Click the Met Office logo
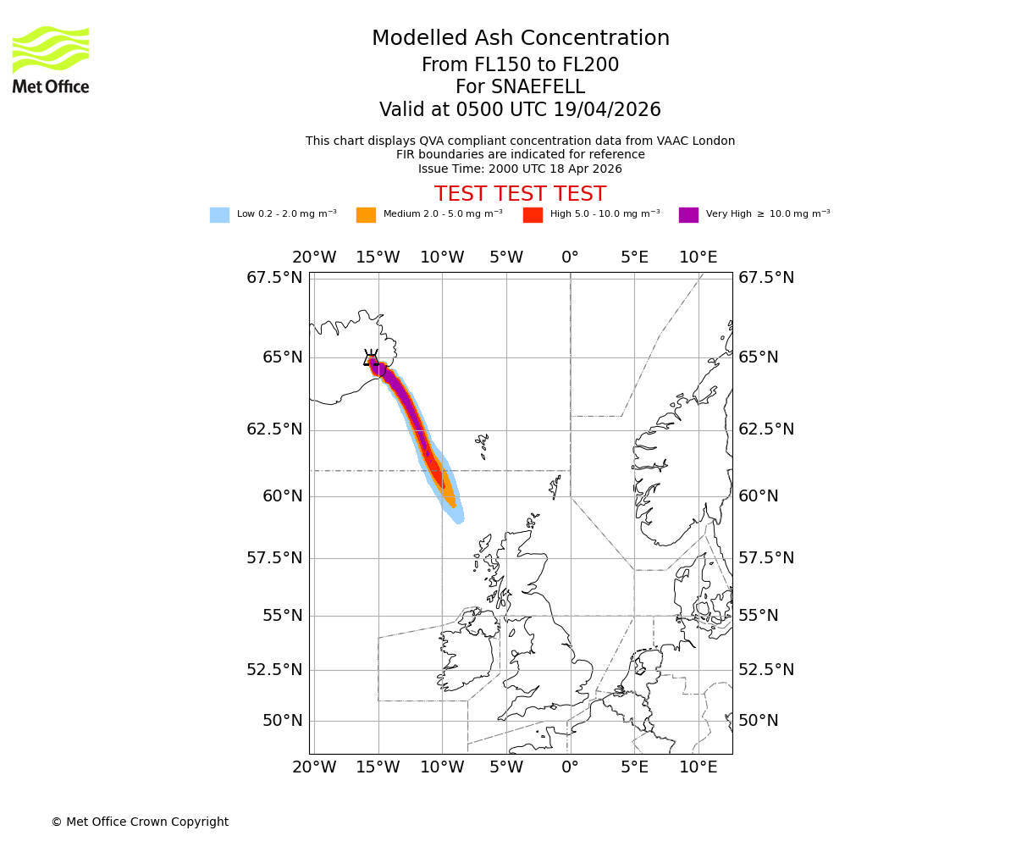coord(51,59)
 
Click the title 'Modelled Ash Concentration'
coord(520,39)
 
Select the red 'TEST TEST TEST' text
coord(520,194)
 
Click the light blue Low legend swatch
coord(219,215)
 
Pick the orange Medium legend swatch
coord(366,215)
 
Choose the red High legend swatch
coord(533,215)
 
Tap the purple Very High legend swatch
coord(688,215)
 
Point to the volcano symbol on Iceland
coord(371,358)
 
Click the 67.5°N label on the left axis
coord(273,278)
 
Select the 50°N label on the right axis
coord(758,721)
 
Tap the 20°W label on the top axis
coord(313,257)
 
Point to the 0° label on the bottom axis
coord(570,767)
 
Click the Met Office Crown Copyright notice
coord(140,822)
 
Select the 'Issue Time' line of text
coord(520,169)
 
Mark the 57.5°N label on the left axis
coord(273,558)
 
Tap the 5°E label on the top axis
coord(634,257)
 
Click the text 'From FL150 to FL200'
coord(520,65)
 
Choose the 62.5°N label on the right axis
coord(766,429)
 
